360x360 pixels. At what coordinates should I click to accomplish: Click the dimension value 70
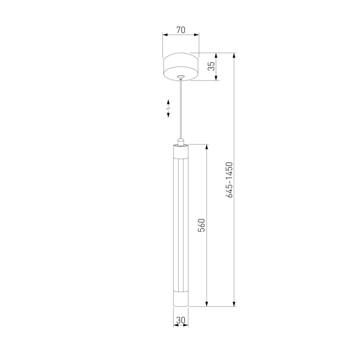click(x=181, y=30)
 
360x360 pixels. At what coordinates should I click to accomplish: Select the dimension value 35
click(x=211, y=66)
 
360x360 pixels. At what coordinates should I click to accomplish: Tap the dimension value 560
click(x=201, y=225)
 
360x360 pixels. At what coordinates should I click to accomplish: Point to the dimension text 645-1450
click(x=229, y=180)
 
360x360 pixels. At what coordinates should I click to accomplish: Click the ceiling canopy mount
click(x=181, y=67)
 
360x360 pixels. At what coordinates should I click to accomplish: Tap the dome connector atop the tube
click(x=181, y=142)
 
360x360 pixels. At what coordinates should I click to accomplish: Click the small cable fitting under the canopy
click(x=181, y=77)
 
